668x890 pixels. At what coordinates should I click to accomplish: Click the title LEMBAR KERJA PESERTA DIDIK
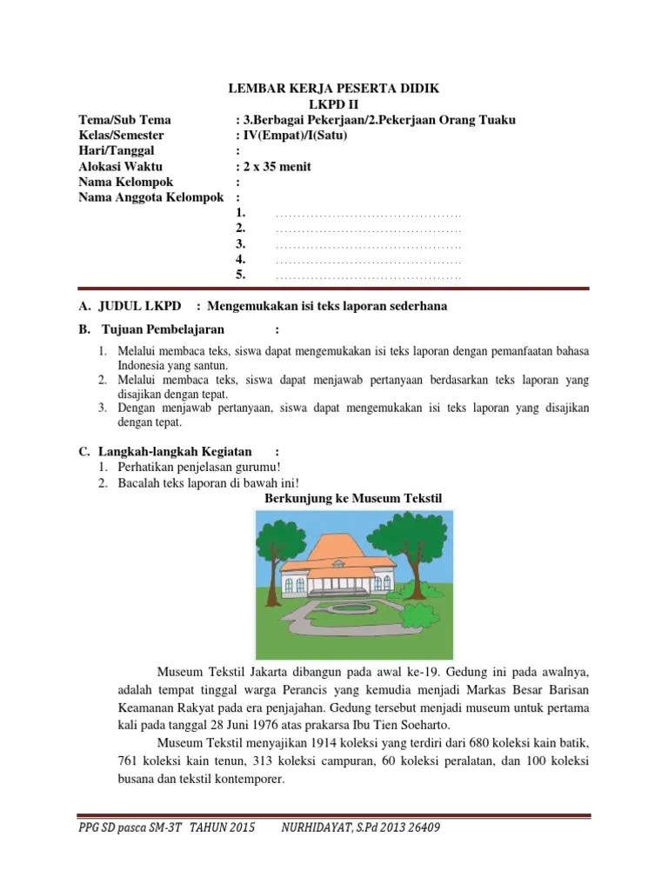point(334,88)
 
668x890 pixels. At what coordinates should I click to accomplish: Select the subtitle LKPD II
point(334,103)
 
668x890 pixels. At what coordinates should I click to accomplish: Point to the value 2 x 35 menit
point(273,166)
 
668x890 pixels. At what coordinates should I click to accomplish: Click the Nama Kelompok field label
point(126,182)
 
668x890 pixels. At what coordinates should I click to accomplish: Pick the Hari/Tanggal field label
point(117,150)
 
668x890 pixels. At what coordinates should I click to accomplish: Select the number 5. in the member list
point(242,276)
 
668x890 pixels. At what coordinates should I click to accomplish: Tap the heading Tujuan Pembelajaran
point(163,329)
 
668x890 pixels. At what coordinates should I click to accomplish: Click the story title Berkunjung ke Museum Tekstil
point(353,497)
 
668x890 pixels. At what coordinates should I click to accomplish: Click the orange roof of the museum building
point(332,549)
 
